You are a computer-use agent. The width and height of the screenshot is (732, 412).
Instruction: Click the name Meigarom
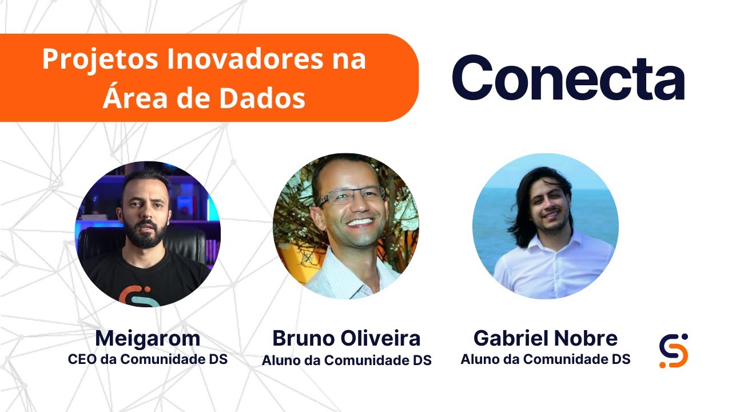pyautogui.click(x=148, y=339)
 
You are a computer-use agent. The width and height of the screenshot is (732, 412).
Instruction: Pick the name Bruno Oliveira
pyautogui.click(x=346, y=339)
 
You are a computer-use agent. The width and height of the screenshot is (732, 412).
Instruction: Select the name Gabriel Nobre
pyautogui.click(x=545, y=339)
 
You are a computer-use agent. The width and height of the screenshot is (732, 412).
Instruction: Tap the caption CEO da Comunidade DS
pyautogui.click(x=148, y=360)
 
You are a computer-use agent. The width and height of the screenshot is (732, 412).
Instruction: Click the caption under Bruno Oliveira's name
pyautogui.click(x=346, y=360)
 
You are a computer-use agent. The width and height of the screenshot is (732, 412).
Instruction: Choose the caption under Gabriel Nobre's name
pyautogui.click(x=545, y=359)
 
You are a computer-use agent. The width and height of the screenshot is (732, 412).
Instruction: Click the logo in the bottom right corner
pyautogui.click(x=673, y=350)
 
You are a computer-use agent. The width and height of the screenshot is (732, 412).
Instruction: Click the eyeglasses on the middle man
pyautogui.click(x=351, y=196)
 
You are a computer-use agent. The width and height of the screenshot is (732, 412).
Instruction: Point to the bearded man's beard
pyautogui.click(x=147, y=233)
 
